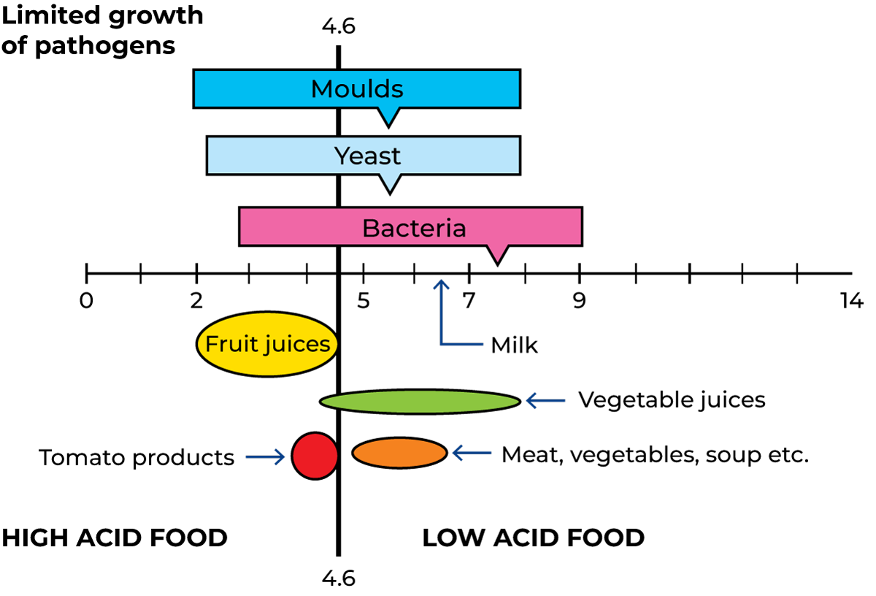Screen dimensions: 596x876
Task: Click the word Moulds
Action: (x=357, y=89)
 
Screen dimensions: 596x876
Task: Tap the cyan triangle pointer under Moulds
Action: (x=389, y=114)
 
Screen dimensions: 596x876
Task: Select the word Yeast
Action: (x=367, y=156)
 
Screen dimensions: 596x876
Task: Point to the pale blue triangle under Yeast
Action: (x=390, y=181)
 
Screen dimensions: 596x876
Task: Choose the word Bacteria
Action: (x=414, y=228)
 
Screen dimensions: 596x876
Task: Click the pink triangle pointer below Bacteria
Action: (x=497, y=251)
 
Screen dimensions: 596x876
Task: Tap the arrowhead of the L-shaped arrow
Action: (x=441, y=283)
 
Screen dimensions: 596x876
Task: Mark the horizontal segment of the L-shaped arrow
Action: (x=463, y=344)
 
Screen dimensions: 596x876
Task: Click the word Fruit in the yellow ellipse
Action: (x=227, y=344)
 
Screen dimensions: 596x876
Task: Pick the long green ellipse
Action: (x=420, y=402)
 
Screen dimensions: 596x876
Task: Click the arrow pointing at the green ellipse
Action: (x=545, y=400)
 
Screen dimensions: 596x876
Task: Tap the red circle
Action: (x=315, y=456)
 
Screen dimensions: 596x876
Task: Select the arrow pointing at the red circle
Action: (x=265, y=458)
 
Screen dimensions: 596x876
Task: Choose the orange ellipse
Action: (x=399, y=453)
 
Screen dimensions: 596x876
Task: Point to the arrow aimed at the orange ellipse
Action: (x=472, y=453)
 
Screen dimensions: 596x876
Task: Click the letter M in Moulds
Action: (x=321, y=89)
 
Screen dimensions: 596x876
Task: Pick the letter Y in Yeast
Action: (x=341, y=156)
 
